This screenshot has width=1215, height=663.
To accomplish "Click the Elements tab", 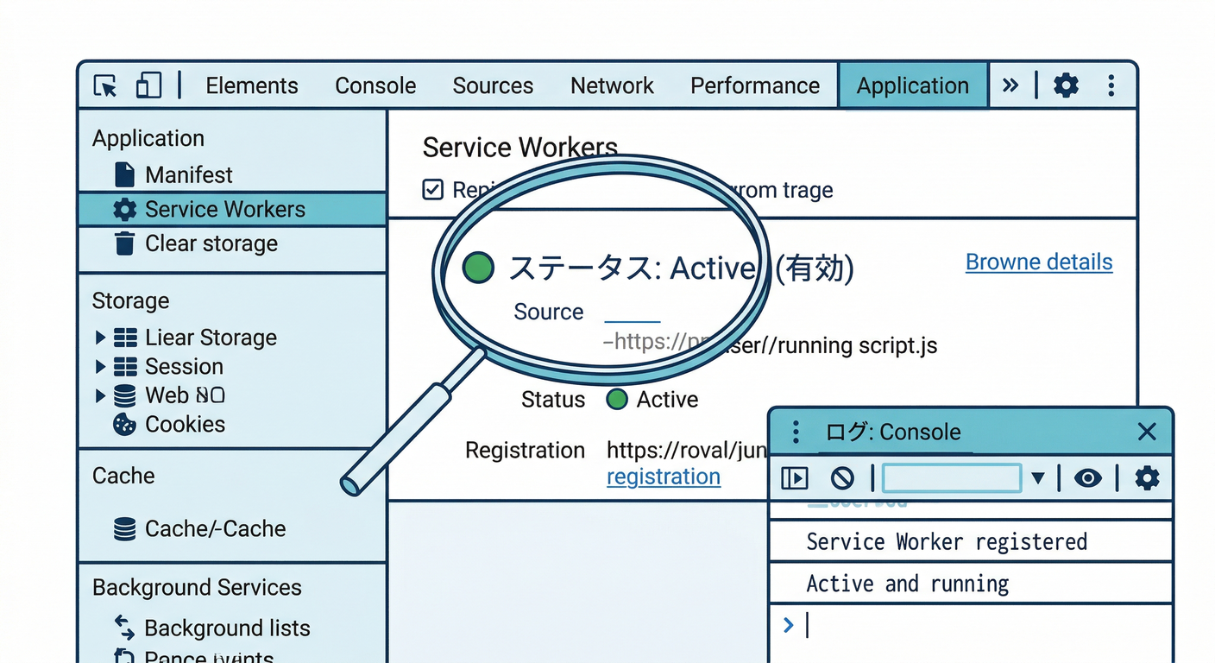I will [251, 85].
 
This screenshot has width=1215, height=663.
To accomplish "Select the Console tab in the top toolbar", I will [375, 85].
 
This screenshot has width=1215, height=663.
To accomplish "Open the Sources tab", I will [493, 85].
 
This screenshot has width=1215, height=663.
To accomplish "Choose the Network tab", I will [612, 85].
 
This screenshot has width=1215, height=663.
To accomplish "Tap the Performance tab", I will [755, 85].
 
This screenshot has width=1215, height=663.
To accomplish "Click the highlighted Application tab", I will [912, 85].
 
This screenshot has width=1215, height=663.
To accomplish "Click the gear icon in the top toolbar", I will [1066, 85].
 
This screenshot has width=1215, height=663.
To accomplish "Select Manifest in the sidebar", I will [188, 175].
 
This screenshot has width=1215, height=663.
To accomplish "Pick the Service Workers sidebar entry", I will [224, 210].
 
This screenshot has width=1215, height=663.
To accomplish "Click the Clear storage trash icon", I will [125, 244].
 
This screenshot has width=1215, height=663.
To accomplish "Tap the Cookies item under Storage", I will [185, 425].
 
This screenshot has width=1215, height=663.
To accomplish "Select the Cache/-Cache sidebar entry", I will [215, 529].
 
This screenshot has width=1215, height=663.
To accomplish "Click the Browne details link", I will [1038, 262].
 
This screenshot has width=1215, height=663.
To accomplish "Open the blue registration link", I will [663, 477].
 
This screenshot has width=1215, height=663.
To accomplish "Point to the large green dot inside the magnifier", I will [478, 268].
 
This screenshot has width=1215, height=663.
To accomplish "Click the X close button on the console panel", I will [1146, 432].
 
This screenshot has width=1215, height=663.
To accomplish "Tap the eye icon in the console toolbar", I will [1087, 477].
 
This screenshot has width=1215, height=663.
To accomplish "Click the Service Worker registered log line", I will [946, 542].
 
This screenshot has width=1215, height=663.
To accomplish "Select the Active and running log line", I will [907, 584].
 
